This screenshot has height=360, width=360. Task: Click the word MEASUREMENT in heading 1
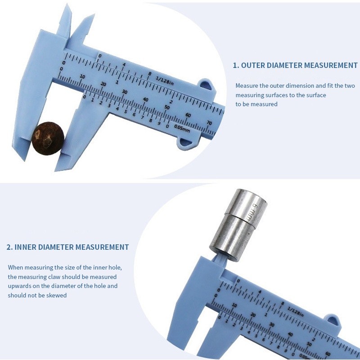tap(331, 65)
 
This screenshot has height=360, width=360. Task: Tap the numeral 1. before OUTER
tap(235, 65)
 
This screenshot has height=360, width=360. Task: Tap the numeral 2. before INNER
tap(9, 247)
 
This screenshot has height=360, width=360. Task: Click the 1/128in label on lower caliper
tap(295, 314)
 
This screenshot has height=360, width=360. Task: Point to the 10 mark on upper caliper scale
tap(82, 76)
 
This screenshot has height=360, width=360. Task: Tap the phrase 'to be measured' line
tap(256, 104)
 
